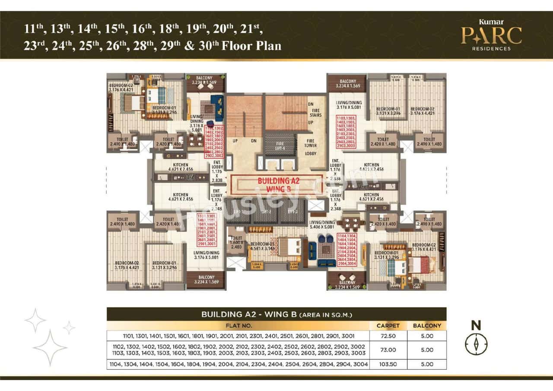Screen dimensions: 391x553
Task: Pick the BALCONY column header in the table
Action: [x=427, y=325]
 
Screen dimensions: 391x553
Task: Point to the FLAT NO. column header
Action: [x=238, y=325]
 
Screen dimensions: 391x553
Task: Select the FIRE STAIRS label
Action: [x=315, y=113]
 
